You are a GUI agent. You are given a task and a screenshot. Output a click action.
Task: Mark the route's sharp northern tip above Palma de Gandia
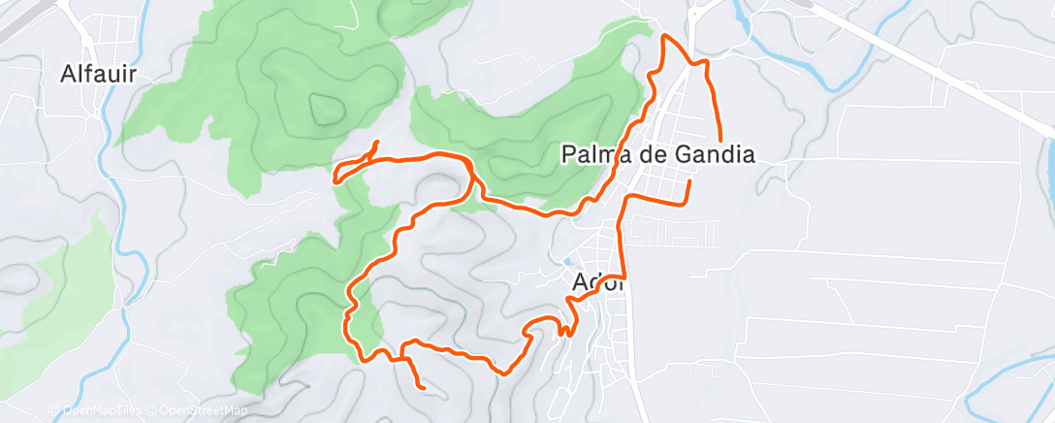click(x=665, y=36)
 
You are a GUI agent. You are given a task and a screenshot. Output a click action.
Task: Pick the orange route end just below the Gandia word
click(x=689, y=180)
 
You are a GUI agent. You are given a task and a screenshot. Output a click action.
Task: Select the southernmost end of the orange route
click(x=424, y=388)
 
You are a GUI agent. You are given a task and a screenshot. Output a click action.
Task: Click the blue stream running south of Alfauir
click(x=123, y=243)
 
